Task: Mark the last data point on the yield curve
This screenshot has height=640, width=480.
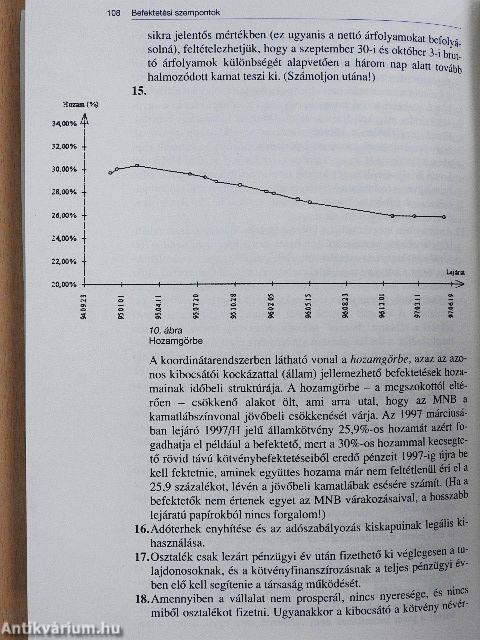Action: coord(444,216)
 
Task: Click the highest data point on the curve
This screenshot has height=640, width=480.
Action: coord(136,165)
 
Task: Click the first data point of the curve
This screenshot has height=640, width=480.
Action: coord(110,173)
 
